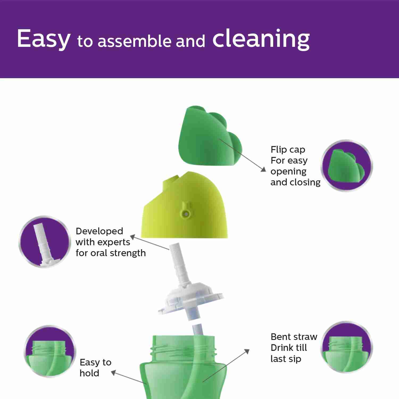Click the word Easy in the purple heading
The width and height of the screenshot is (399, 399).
point(44,39)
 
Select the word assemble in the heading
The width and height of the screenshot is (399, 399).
point(134,41)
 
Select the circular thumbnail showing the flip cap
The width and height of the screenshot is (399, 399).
point(347,166)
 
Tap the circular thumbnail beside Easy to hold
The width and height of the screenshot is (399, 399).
point(50,351)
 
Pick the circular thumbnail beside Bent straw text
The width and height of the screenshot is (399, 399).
point(347,347)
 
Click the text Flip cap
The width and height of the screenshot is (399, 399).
point(288,150)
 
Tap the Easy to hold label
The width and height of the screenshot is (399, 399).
point(95,368)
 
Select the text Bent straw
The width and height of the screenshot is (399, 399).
point(294,337)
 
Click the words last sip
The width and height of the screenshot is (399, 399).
point(286,359)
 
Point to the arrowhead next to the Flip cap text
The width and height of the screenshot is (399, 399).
point(263,169)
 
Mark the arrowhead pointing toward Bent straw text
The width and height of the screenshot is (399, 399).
point(247,352)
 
